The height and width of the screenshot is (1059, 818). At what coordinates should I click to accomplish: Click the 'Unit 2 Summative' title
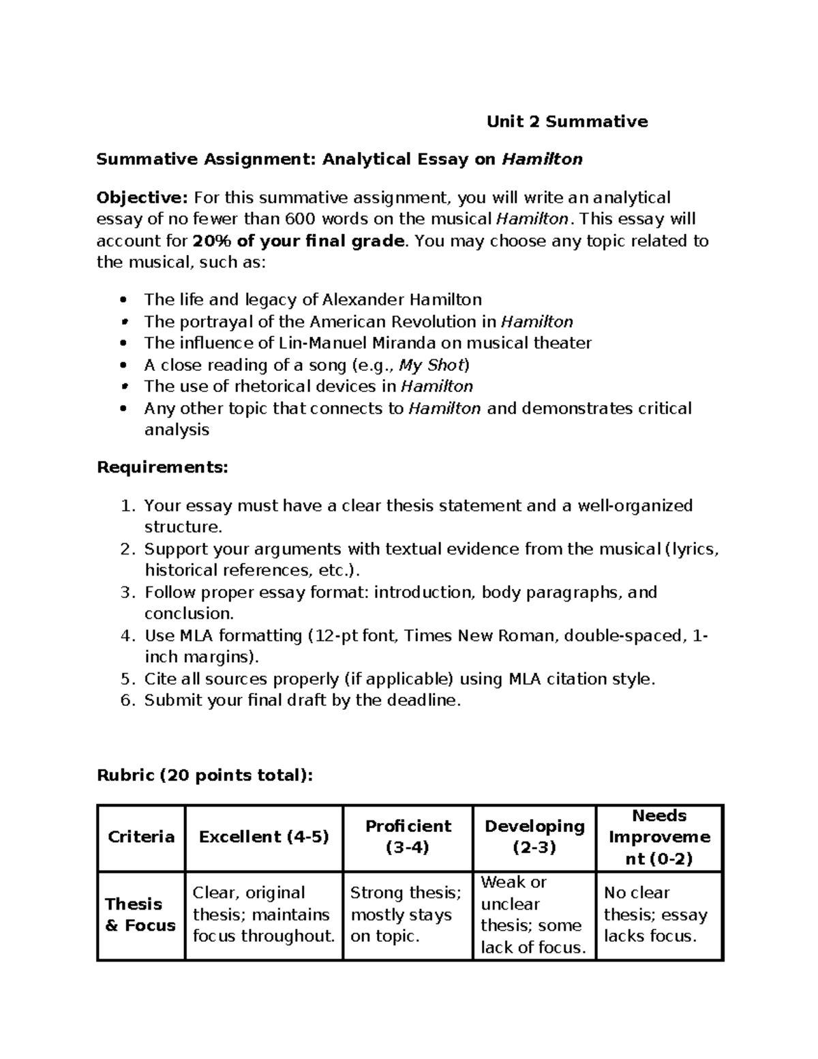[566, 121]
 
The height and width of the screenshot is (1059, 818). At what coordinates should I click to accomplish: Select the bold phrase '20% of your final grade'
[299, 241]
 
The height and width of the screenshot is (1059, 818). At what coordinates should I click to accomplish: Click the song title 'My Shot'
[431, 365]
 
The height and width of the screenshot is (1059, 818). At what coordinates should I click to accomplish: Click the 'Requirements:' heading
[162, 467]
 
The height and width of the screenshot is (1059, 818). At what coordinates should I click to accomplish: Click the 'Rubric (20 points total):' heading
[204, 775]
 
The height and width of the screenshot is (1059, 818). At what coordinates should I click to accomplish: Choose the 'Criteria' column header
[141, 837]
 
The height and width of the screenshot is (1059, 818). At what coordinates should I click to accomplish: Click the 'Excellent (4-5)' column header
[264, 837]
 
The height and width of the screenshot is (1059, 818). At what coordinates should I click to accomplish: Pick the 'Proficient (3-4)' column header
[408, 837]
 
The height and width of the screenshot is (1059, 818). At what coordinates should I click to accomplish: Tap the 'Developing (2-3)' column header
[534, 837]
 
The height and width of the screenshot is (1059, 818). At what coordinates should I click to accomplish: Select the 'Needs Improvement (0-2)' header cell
[659, 837]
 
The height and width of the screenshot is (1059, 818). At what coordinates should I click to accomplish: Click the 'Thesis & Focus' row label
[140, 914]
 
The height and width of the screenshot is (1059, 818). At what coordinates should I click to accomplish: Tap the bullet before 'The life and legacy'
[123, 300]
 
